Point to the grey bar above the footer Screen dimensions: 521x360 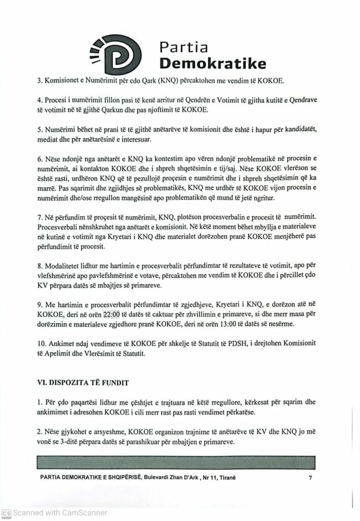179,462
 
